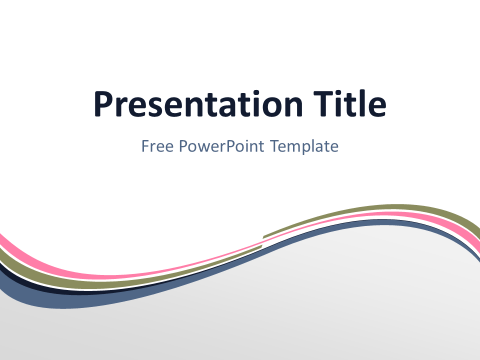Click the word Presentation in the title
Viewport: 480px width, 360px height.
click(x=198, y=104)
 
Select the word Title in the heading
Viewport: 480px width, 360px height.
click(x=349, y=103)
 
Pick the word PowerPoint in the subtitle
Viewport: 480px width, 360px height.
click(x=221, y=146)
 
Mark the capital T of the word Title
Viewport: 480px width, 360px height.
click(x=323, y=104)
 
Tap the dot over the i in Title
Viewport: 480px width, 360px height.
click(x=340, y=93)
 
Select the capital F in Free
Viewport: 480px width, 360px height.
click(x=145, y=146)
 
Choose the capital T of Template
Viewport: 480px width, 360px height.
click(x=275, y=146)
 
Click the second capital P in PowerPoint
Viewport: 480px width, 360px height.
click(x=231, y=146)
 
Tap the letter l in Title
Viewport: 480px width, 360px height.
click(x=361, y=103)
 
